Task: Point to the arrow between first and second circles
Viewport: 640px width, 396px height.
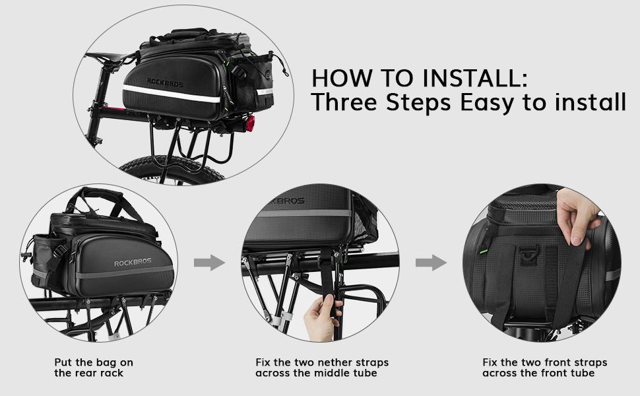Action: [209, 263]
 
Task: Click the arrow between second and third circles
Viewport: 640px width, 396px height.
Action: [431, 263]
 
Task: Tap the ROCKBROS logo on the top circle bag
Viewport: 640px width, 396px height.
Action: [162, 83]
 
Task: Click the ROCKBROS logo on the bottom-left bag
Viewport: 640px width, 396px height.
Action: [133, 263]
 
